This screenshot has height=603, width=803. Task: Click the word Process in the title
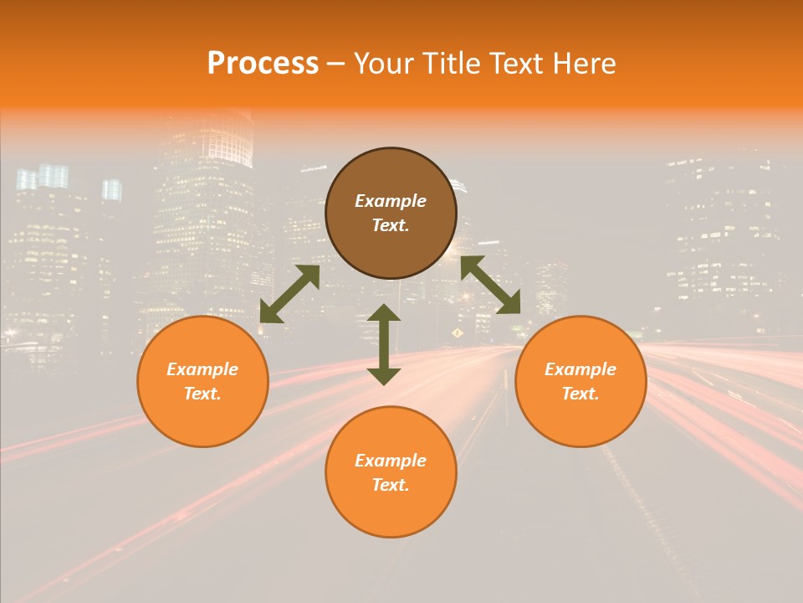click(x=263, y=64)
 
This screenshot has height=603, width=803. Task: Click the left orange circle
click(x=202, y=381)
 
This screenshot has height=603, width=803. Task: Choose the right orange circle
click(x=581, y=381)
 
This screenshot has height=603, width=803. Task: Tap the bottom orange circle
click(x=391, y=472)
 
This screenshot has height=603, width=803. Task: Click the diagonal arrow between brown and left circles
click(x=289, y=294)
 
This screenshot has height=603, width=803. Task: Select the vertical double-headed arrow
click(x=384, y=344)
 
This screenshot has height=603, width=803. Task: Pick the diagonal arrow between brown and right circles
click(x=491, y=285)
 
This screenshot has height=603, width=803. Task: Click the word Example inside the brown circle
click(x=391, y=201)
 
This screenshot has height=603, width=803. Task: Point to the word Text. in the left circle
click(x=202, y=394)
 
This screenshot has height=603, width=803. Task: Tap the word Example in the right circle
click(x=581, y=369)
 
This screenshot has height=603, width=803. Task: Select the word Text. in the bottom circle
click(x=391, y=485)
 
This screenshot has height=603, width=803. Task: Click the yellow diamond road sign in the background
click(x=457, y=332)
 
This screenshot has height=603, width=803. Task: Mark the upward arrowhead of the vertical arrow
click(x=384, y=313)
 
